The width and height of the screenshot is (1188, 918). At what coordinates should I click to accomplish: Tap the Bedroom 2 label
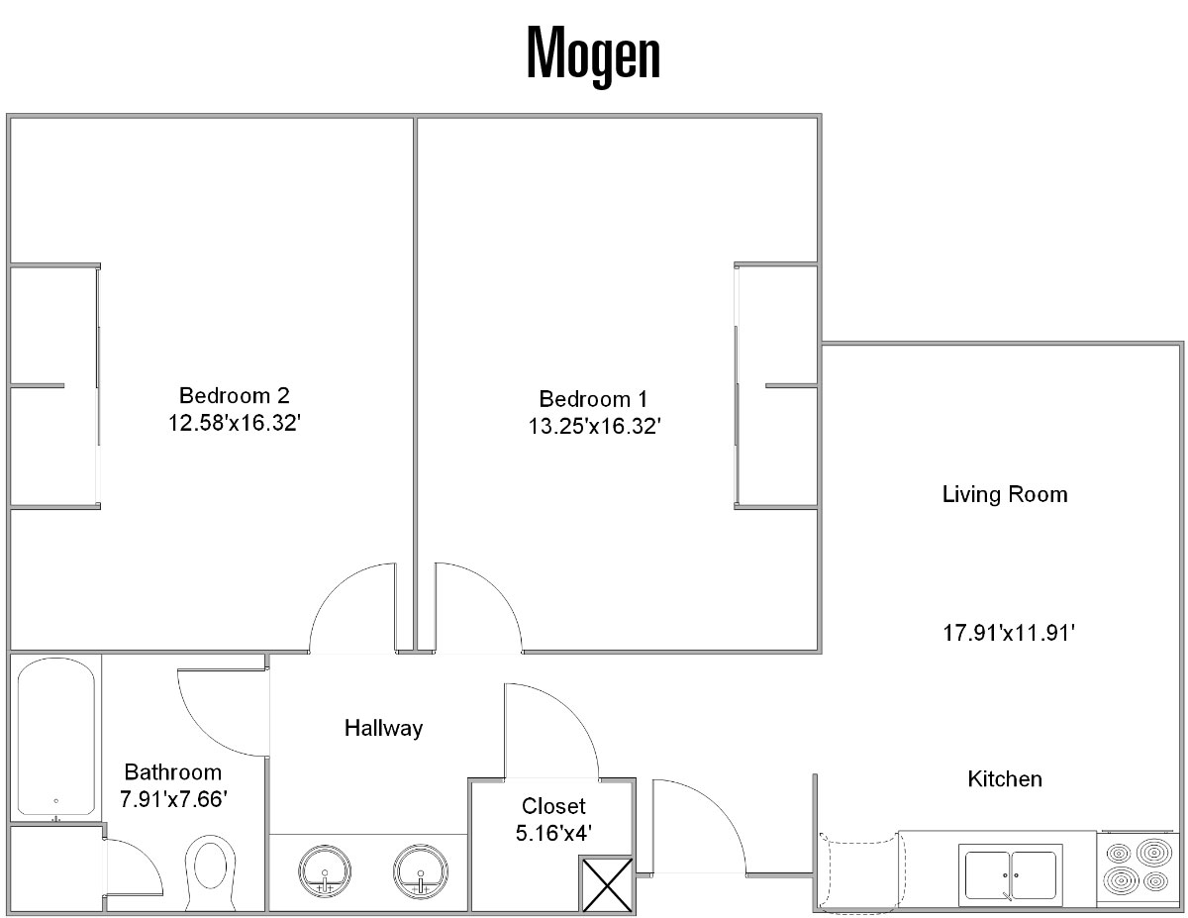[x=234, y=395]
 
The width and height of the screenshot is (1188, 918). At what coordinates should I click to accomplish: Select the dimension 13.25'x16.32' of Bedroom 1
[x=594, y=427]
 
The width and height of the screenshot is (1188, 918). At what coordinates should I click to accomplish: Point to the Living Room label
[x=1004, y=494]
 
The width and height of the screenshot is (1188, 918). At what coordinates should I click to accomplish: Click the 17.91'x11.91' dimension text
[x=1009, y=633]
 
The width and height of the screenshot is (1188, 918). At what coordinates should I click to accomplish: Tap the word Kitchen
[x=1005, y=779]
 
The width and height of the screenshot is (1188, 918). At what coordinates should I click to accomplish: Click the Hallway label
[x=383, y=728]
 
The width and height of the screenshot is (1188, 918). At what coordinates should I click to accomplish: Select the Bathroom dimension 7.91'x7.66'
[x=173, y=799]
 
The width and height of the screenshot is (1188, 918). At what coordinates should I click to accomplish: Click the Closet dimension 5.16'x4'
[x=553, y=833]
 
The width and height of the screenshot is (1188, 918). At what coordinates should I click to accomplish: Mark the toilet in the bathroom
[x=211, y=873]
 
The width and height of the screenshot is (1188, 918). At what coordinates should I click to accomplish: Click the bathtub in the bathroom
[x=55, y=736]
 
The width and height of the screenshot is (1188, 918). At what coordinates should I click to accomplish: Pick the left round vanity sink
[x=325, y=871]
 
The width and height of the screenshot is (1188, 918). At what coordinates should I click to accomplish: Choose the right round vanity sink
[x=420, y=871]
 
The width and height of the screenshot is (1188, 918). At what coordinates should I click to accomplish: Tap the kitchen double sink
[x=1011, y=874]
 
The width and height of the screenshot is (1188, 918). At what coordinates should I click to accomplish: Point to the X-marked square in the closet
[x=607, y=884]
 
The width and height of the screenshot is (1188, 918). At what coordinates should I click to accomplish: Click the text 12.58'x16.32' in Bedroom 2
[x=234, y=423]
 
